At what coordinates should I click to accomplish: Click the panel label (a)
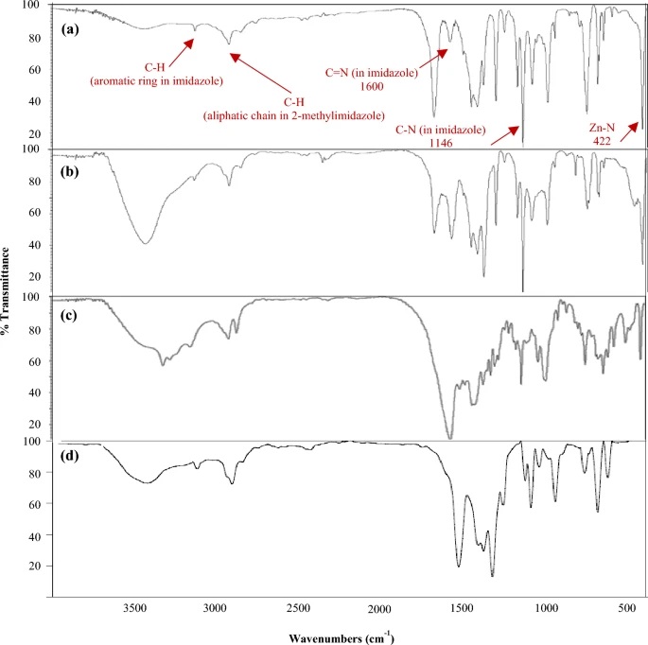click(x=69, y=29)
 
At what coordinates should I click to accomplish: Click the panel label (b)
click(x=69, y=175)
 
